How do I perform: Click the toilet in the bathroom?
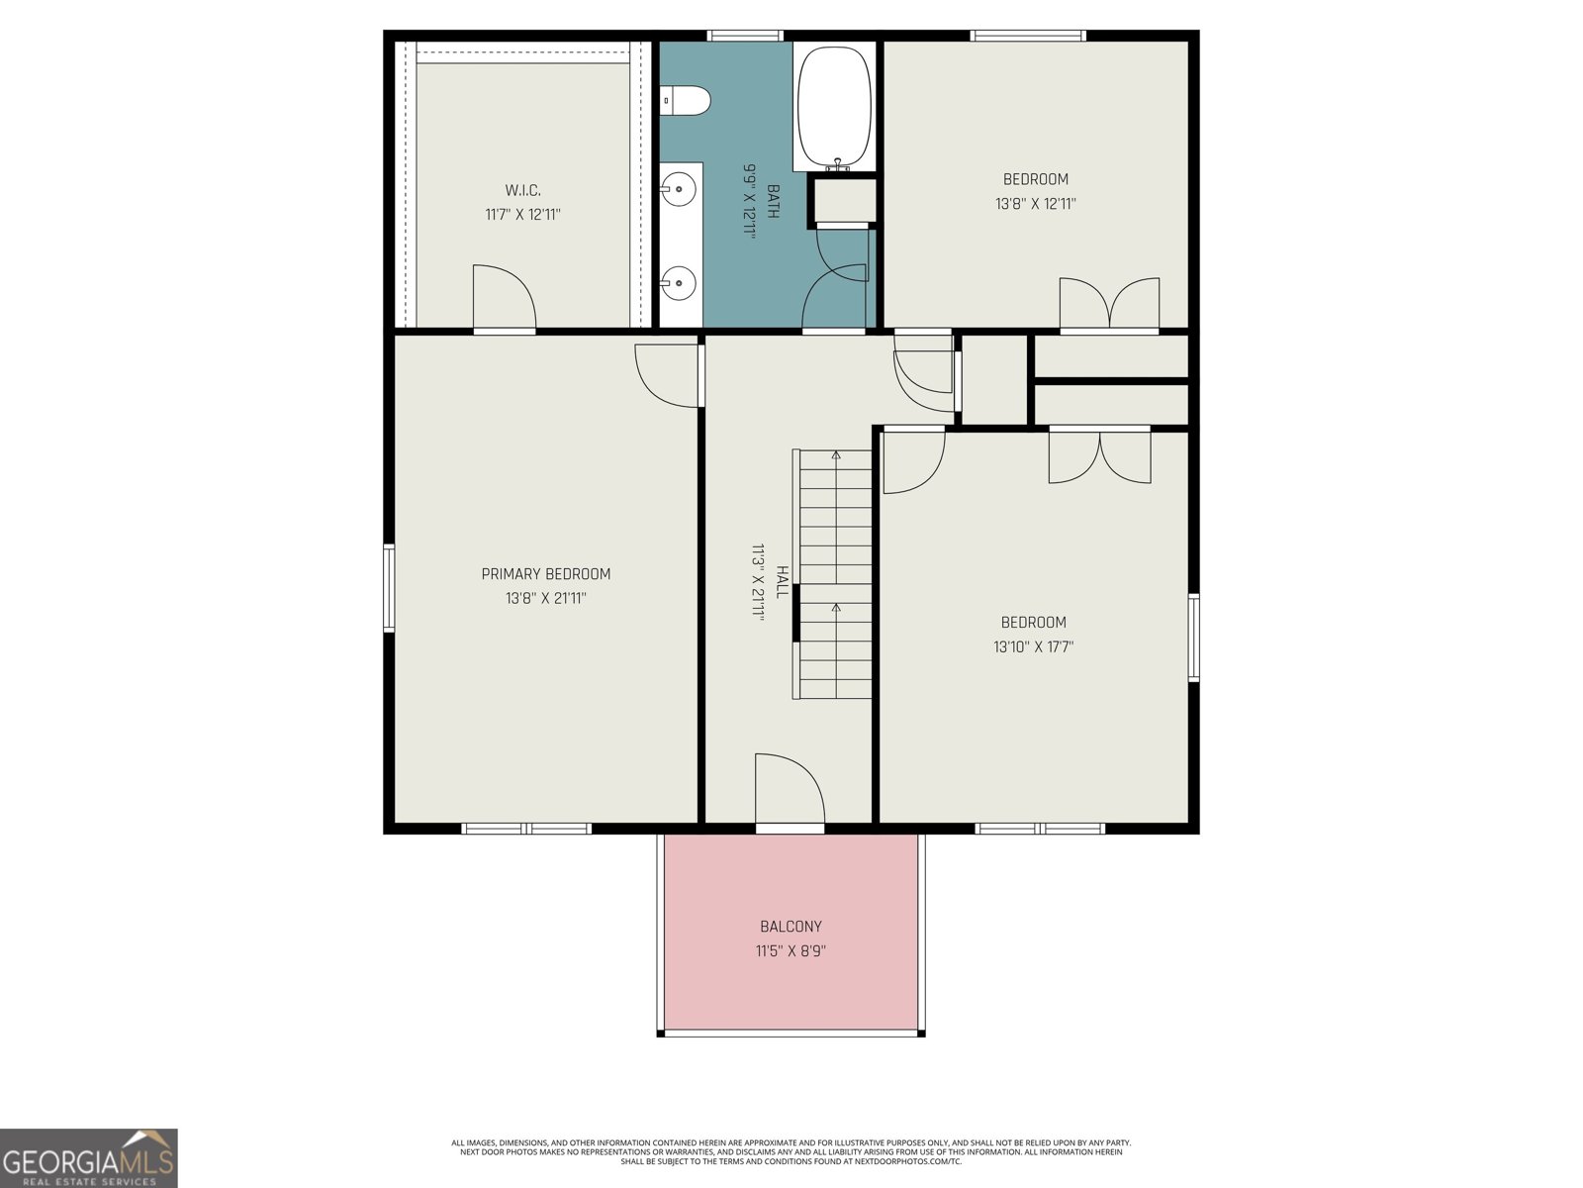coord(685,100)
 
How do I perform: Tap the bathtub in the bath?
coord(834,106)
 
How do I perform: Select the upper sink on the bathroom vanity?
coord(678,190)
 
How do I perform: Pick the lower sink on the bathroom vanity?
coord(678,283)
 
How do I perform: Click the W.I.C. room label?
coord(522,190)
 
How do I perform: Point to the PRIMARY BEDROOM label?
coord(546,574)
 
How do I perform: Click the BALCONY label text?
coord(791,927)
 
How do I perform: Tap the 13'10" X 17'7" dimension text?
coord(1034,647)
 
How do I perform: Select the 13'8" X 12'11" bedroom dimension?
coord(1036,204)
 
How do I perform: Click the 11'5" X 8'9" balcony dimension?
coord(791,950)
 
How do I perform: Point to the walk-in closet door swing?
coord(505,297)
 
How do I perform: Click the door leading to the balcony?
coord(790,791)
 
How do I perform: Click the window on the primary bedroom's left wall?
coord(389,588)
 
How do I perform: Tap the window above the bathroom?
coord(744,36)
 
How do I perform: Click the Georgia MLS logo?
coord(89,1157)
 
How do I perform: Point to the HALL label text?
coord(781,582)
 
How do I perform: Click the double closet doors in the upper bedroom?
coord(1109,304)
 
